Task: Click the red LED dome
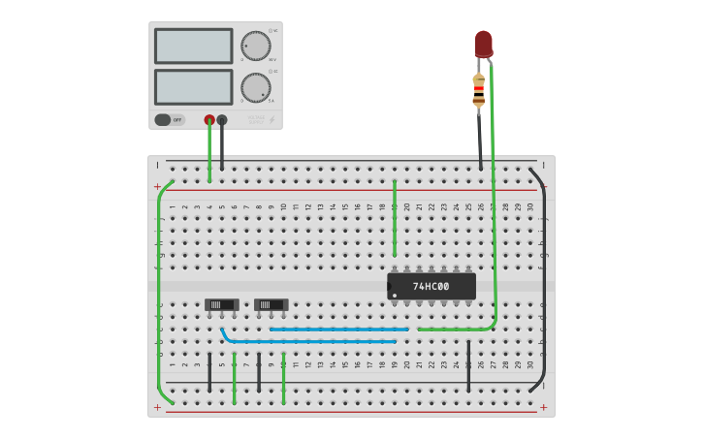tap(483, 42)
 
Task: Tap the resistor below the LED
tap(479, 89)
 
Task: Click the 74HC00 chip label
tap(431, 287)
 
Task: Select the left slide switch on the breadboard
tap(221, 304)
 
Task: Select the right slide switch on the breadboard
tap(272, 304)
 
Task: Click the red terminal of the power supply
tap(209, 120)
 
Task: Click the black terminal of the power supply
tap(222, 120)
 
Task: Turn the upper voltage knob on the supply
tap(256, 46)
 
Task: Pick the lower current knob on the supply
tap(255, 87)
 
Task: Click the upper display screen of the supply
tap(193, 46)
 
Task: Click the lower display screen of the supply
tap(193, 87)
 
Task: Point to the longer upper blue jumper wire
tap(339, 329)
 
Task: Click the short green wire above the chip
tap(395, 218)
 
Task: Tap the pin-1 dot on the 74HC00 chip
tap(395, 296)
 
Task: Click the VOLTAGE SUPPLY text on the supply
tap(256, 121)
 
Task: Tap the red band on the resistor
tap(479, 89)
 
